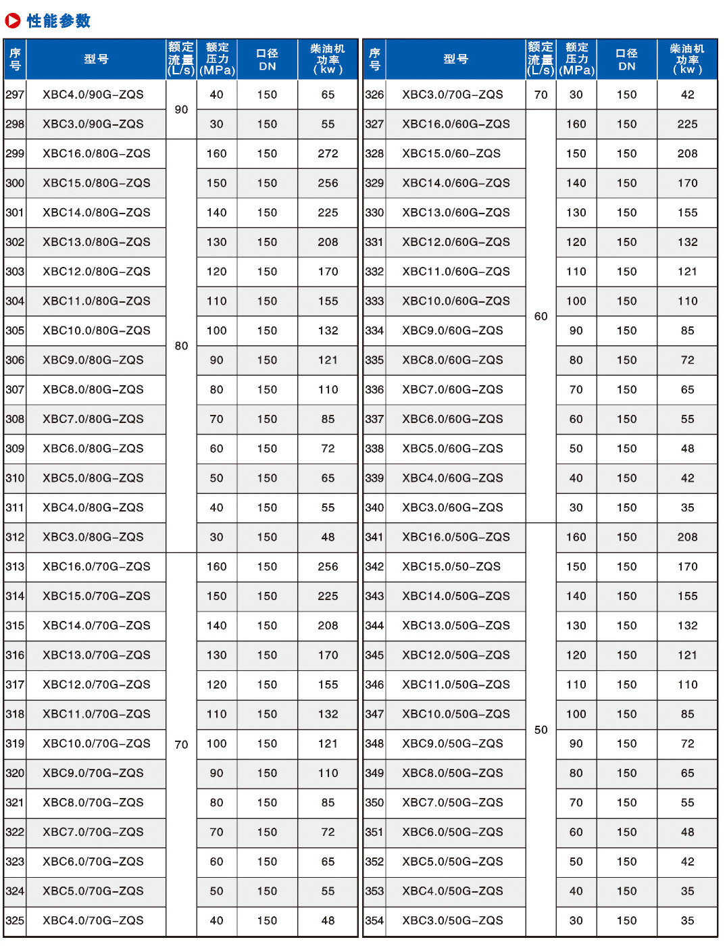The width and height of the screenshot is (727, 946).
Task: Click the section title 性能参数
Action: click(58, 21)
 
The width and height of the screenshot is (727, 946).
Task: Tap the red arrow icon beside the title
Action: click(13, 21)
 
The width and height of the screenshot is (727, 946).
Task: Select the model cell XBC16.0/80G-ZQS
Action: click(96, 153)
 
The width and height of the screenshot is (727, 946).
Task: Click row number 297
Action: click(15, 95)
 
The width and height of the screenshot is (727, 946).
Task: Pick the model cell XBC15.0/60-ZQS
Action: click(451, 153)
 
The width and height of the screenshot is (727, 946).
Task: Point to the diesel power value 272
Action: click(328, 153)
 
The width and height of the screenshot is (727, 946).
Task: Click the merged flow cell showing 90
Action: click(181, 109)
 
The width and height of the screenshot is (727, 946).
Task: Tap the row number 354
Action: click(374, 920)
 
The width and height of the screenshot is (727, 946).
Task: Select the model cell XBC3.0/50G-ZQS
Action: click(452, 920)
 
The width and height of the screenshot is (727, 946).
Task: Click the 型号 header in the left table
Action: click(96, 59)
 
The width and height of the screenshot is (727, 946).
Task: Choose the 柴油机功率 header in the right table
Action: click(687, 59)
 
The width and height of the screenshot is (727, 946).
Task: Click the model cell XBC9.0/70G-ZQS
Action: click(93, 773)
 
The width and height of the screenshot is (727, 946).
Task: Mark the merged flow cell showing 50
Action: click(541, 730)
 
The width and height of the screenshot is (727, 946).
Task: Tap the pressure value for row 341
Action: click(576, 537)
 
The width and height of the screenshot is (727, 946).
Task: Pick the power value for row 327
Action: click(687, 124)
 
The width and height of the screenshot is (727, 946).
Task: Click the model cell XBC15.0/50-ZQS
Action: click(451, 566)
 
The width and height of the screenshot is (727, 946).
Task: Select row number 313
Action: click(15, 566)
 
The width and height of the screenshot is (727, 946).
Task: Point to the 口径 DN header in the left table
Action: click(267, 59)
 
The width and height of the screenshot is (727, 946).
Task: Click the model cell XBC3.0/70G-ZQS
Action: click(452, 95)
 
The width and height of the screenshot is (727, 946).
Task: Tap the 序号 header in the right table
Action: click(374, 59)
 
